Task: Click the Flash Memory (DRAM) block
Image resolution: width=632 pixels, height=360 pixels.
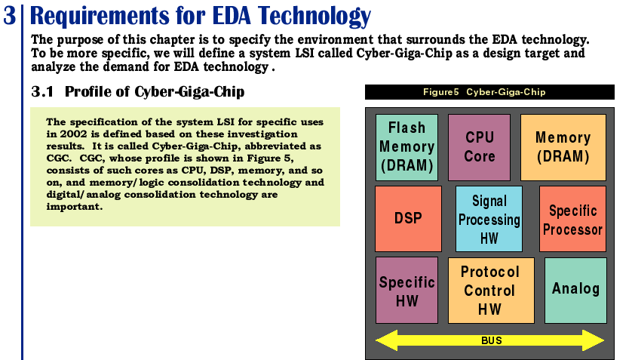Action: click(407, 147)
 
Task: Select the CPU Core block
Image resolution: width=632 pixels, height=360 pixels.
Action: click(479, 147)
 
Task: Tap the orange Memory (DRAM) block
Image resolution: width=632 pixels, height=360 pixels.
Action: click(563, 147)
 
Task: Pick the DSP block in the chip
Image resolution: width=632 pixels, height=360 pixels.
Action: click(408, 219)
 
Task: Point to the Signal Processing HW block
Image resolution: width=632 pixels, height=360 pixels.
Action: click(489, 219)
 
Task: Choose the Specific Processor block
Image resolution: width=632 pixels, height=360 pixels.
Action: click(572, 219)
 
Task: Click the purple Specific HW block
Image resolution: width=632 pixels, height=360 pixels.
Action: click(407, 291)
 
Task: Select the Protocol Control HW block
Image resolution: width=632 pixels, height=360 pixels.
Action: click(491, 291)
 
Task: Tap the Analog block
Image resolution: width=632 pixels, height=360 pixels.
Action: click(575, 291)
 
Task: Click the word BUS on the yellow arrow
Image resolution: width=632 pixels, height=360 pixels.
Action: click(492, 340)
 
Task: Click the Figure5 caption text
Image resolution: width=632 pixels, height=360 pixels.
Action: click(484, 92)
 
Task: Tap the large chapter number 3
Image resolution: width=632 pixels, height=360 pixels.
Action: click(9, 16)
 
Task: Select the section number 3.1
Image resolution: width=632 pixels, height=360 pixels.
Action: click(42, 92)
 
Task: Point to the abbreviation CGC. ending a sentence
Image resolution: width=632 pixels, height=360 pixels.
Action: click(59, 158)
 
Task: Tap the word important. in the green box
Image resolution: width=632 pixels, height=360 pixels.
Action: click(75, 207)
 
